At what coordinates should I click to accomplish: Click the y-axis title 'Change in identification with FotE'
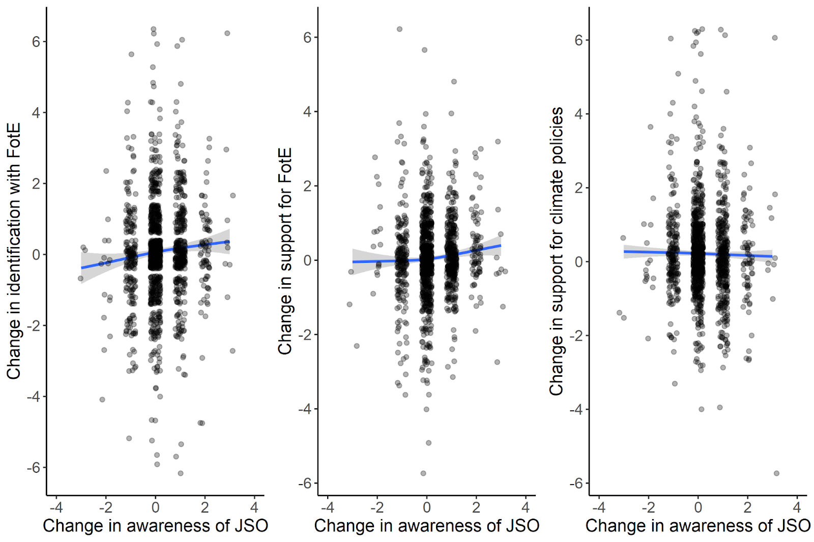pyautogui.click(x=14, y=251)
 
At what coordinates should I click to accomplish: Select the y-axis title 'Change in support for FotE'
pyautogui.click(x=285, y=251)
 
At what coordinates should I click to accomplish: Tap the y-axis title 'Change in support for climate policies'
pyautogui.click(x=557, y=251)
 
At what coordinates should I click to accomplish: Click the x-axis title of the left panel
pyautogui.click(x=155, y=526)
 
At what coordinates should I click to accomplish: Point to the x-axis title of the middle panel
pyautogui.click(x=426, y=526)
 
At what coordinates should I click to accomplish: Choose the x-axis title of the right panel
pyautogui.click(x=697, y=526)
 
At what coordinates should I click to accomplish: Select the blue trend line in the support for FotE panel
pyautogui.click(x=478, y=250)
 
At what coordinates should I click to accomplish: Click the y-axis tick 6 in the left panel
pyautogui.click(x=36, y=42)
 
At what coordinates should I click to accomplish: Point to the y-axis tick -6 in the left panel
pyautogui.click(x=34, y=468)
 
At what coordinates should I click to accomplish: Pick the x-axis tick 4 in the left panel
pyautogui.click(x=254, y=507)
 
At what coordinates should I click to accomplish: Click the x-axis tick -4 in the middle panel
pyautogui.click(x=328, y=507)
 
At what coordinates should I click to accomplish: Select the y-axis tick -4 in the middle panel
pyautogui.click(x=305, y=409)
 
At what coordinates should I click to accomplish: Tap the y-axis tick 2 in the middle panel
pyautogui.click(x=307, y=186)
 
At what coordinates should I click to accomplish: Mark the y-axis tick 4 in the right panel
pyautogui.click(x=578, y=114)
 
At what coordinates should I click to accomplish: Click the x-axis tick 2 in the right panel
pyautogui.click(x=747, y=507)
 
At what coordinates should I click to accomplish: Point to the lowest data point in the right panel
pyautogui.click(x=776, y=473)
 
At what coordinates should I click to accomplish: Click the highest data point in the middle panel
pyautogui.click(x=399, y=29)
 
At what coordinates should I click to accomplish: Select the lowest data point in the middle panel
pyautogui.click(x=423, y=473)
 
